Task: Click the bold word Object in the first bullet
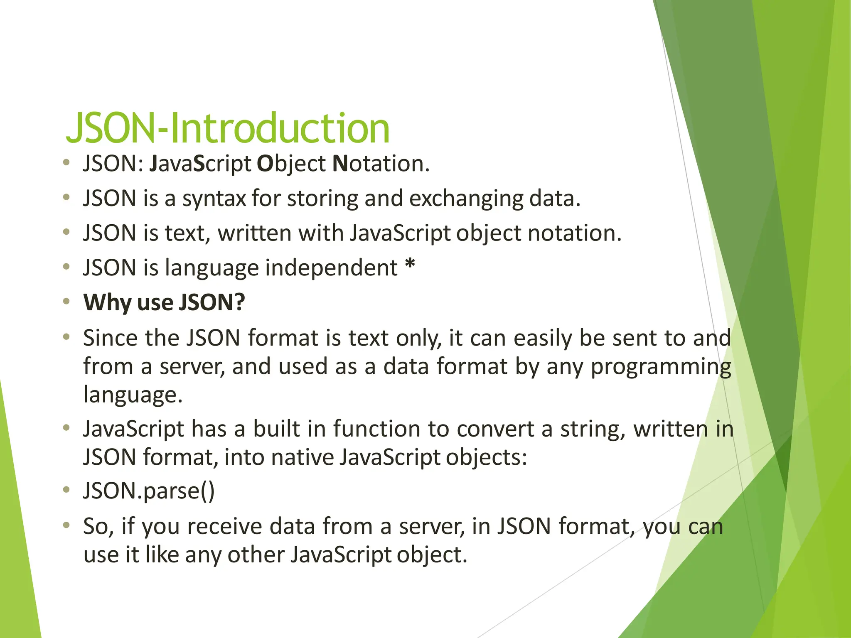point(291,164)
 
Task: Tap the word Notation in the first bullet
point(381,164)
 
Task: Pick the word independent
point(331,267)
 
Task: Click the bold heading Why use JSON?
point(164,302)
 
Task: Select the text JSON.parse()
point(149,491)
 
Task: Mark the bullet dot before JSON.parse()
point(66,490)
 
